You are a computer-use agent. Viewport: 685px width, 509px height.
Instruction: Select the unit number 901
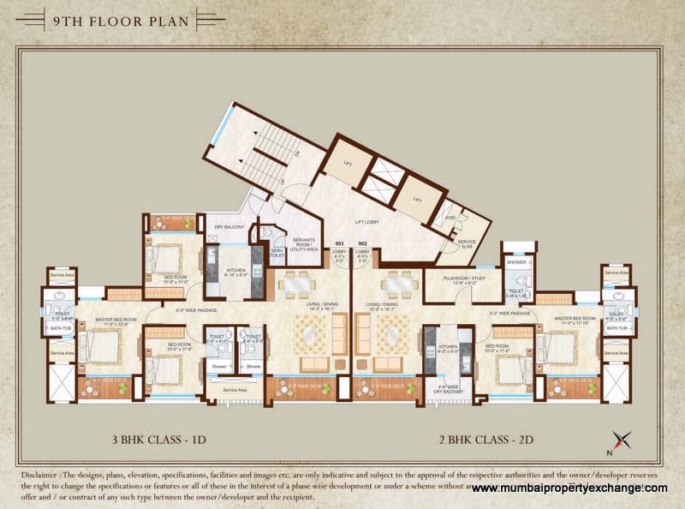340,243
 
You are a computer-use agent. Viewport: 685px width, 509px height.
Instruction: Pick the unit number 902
363,243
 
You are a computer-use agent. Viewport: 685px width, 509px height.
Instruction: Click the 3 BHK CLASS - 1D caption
162,441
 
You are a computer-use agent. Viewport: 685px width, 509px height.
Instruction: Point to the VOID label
450,218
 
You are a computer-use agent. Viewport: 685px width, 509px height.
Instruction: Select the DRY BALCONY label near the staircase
230,226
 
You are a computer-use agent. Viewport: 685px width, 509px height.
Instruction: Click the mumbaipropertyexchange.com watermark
569,488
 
